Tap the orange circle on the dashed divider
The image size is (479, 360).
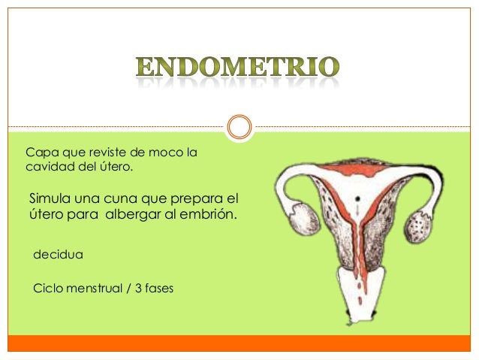(239, 126)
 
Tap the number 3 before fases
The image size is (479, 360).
(138, 286)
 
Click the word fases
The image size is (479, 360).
(158, 286)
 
